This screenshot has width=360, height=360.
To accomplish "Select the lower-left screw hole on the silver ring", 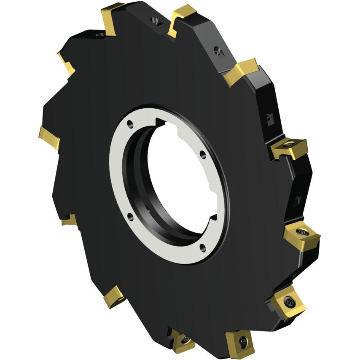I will click(x=131, y=217).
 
